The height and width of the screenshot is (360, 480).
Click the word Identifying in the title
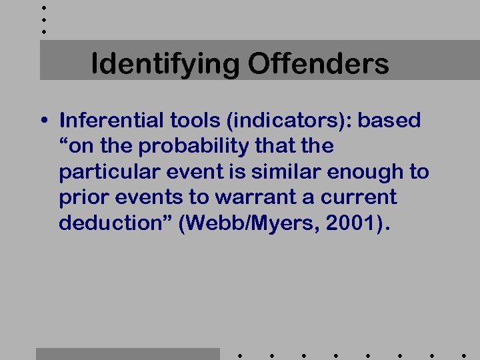click(x=166, y=65)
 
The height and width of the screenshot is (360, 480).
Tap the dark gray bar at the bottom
click(x=127, y=353)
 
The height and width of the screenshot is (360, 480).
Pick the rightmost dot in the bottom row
click(x=463, y=355)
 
